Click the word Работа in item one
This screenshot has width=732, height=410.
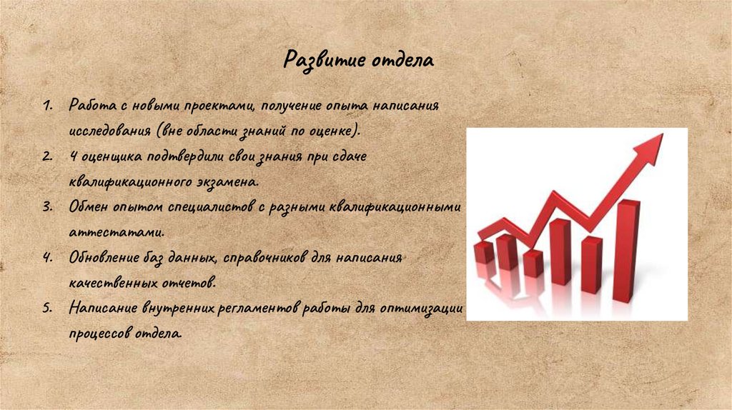(x=89, y=106)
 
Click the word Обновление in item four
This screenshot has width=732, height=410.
(x=102, y=257)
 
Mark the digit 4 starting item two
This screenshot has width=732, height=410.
(x=73, y=156)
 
